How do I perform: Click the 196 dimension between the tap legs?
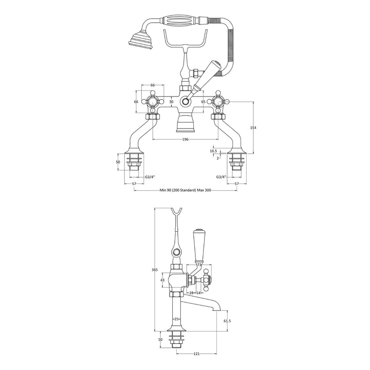click(185, 139)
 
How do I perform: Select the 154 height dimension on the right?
click(253, 127)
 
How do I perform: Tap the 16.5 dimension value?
click(213, 151)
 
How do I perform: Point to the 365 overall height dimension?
click(155, 270)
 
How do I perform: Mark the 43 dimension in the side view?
click(162, 280)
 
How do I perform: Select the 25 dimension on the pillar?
click(177, 319)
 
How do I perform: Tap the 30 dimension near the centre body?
click(172, 102)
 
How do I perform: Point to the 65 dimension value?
click(203, 102)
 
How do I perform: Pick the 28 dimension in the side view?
click(191, 293)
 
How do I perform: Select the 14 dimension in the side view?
click(198, 293)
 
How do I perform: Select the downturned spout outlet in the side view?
click(219, 309)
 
